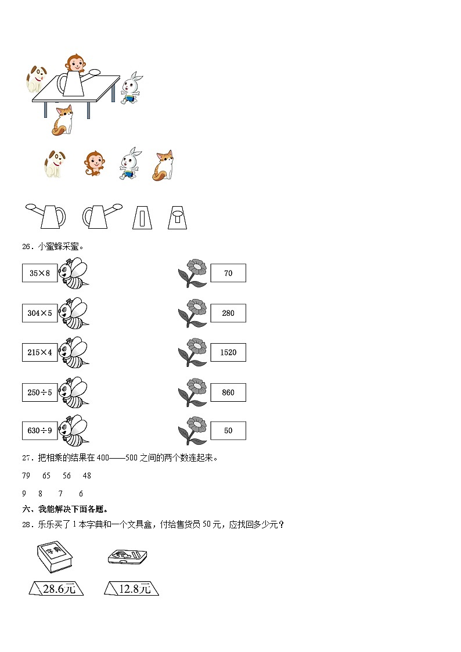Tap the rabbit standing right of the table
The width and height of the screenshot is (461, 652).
(132, 88)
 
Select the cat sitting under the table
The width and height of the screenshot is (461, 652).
(63, 120)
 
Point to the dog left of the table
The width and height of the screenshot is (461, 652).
(35, 78)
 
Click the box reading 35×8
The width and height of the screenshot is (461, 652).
(39, 273)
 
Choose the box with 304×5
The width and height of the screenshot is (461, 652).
(39, 313)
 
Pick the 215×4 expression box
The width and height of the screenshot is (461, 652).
(39, 352)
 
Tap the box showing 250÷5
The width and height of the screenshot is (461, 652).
(39, 392)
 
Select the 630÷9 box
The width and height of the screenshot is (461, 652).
(39, 431)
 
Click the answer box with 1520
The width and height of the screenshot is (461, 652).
(228, 352)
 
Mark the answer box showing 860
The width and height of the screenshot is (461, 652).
(228, 392)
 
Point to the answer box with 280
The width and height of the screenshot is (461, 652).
(228, 313)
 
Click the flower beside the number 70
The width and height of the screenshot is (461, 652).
(193, 273)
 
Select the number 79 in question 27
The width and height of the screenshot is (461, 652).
(26, 476)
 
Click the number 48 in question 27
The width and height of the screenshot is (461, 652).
(87, 476)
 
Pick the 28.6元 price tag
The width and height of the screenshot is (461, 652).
(56, 589)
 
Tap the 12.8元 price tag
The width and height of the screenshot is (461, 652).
(132, 589)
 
